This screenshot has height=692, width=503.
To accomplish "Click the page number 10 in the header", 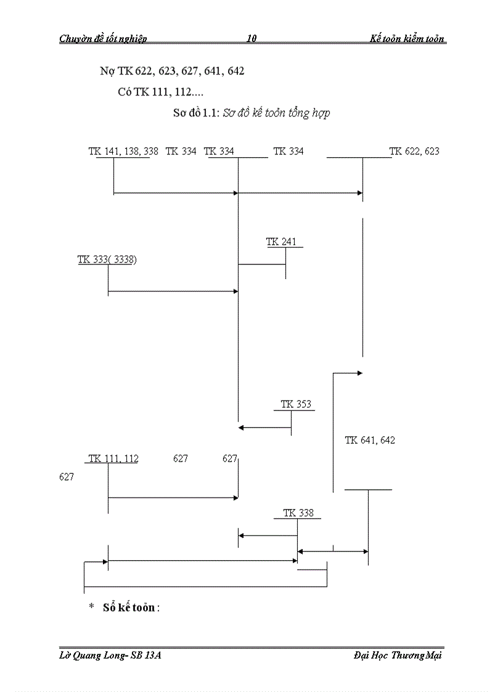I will click(x=251, y=39).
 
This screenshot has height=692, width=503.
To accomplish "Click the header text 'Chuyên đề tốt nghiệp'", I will click(x=103, y=39).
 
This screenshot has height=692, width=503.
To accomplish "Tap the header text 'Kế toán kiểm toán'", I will click(x=407, y=39).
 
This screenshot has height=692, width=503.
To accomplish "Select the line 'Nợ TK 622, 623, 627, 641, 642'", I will click(x=172, y=71).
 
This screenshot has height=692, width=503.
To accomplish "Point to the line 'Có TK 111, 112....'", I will click(x=161, y=92).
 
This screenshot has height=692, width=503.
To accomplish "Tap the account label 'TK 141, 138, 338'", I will click(x=119, y=151).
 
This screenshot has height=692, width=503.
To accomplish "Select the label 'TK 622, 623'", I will click(x=414, y=151).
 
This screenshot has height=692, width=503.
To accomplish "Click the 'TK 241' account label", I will click(x=281, y=242).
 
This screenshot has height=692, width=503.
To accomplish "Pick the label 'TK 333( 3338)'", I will click(x=107, y=259).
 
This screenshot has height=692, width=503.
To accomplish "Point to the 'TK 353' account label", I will click(x=296, y=404).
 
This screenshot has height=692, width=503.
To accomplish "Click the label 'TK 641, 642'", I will click(x=370, y=440).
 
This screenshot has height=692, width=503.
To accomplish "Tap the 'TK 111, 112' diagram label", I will click(x=113, y=458).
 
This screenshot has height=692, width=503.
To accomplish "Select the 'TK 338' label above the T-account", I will click(x=298, y=513).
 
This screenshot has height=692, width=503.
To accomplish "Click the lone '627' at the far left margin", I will click(x=67, y=476).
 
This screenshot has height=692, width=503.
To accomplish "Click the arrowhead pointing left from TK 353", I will click(x=242, y=427).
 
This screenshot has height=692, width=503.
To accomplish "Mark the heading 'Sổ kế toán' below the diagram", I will click(x=131, y=607).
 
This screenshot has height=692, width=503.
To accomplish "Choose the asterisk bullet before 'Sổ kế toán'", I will click(x=91, y=607).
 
